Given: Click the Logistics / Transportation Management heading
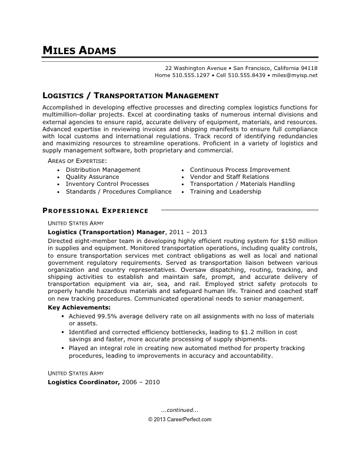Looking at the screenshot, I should point(131,95).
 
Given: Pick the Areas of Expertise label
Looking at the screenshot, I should point(77,161).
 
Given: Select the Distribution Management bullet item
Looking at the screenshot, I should point(103,169).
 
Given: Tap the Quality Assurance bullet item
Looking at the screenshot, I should point(92,177).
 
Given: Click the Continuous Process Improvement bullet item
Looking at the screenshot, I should point(239,169).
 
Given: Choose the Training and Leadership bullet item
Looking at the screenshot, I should point(225,191).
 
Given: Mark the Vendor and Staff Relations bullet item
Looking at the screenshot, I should point(229,177).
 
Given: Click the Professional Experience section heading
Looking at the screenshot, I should point(95,210).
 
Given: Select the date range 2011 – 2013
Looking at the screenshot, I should point(189,232).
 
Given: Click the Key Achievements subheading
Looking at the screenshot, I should point(78,307).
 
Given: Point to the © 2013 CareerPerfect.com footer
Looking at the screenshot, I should point(179,420).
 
